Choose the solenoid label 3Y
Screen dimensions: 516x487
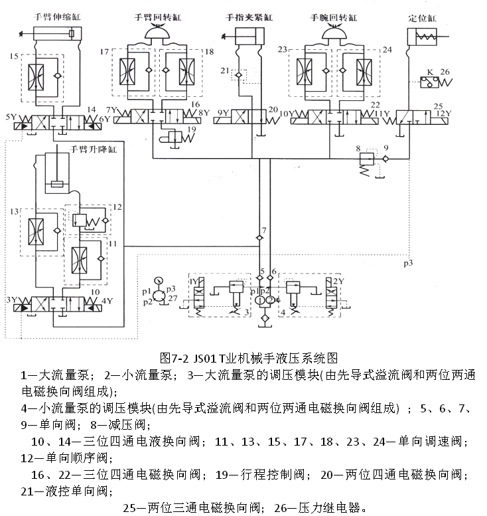tap(11, 300)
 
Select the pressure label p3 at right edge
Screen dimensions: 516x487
tap(409, 262)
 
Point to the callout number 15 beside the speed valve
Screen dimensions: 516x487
tap(14, 57)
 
